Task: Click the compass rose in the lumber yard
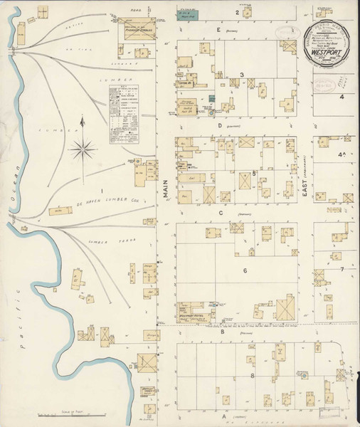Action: pyautogui.click(x=84, y=149)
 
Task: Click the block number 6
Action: pyautogui.click(x=244, y=270)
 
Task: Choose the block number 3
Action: pyautogui.click(x=242, y=75)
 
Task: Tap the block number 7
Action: pyautogui.click(x=342, y=269)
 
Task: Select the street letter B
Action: pyautogui.click(x=222, y=331)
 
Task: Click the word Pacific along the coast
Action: pyautogui.click(x=24, y=349)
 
